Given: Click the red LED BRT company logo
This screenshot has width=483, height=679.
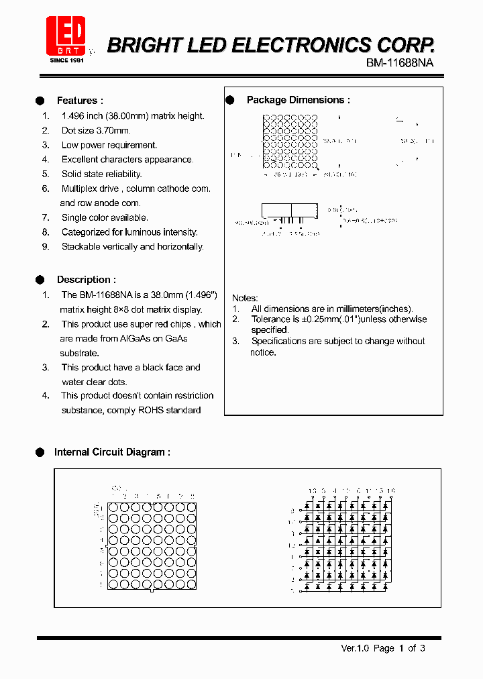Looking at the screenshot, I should pyautogui.click(x=66, y=36).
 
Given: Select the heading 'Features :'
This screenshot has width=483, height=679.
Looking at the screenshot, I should pyautogui.click(x=80, y=101).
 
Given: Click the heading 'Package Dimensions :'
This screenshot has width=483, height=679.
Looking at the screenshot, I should pyautogui.click(x=298, y=100).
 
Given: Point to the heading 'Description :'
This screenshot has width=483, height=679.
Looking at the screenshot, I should pyautogui.click(x=86, y=280).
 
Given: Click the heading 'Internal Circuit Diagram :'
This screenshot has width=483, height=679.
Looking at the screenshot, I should pyautogui.click(x=112, y=452).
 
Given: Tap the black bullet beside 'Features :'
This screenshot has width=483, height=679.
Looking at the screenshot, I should pyautogui.click(x=40, y=101).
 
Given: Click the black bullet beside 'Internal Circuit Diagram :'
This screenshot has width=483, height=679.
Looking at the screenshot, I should pyautogui.click(x=40, y=452).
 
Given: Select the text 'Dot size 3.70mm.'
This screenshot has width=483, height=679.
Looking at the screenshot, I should pyautogui.click(x=96, y=131).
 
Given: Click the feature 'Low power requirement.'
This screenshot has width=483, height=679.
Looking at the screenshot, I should pyautogui.click(x=109, y=145).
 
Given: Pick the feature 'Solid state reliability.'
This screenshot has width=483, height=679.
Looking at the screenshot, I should pyautogui.click(x=101, y=174).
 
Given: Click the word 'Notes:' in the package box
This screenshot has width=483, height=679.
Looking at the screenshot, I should pyautogui.click(x=245, y=298).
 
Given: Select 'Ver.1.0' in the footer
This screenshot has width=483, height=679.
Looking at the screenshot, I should pyautogui.click(x=355, y=648).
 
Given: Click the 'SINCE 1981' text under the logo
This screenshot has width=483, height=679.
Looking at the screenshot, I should pyautogui.click(x=66, y=60).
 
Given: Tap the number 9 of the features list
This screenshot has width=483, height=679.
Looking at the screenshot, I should pyautogui.click(x=46, y=247).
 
